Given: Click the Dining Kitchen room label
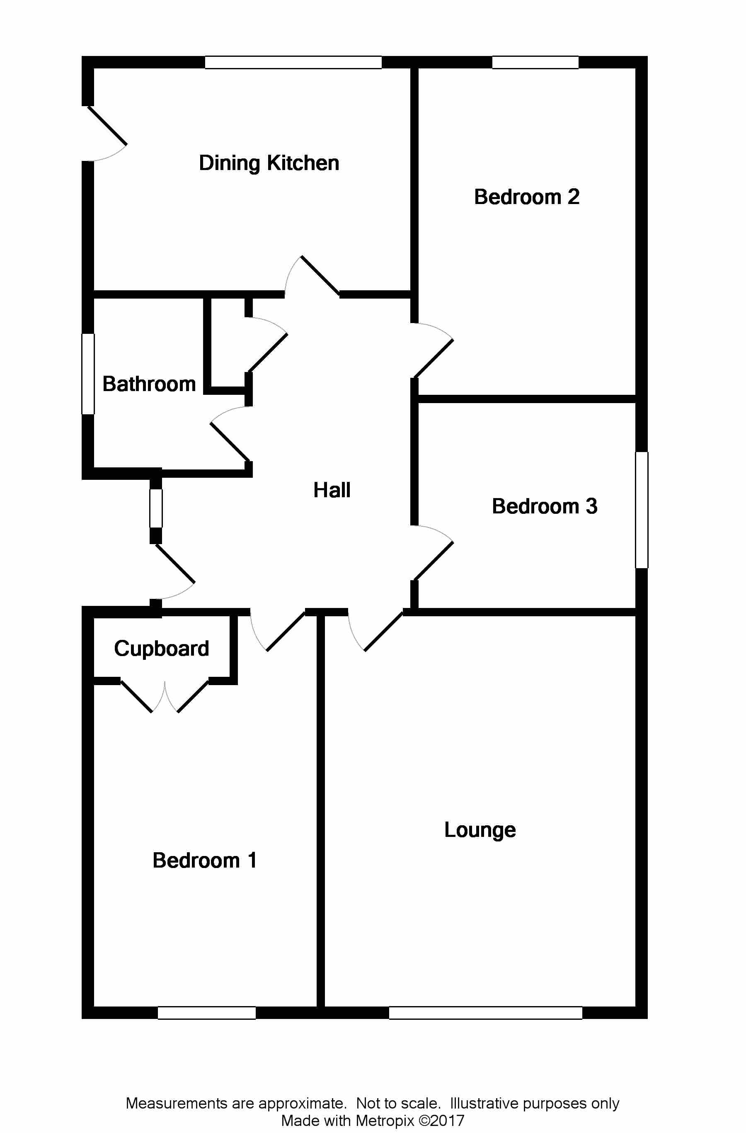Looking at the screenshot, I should click(x=269, y=163).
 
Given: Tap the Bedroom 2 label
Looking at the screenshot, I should click(x=527, y=197).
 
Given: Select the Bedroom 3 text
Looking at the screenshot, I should click(x=544, y=506).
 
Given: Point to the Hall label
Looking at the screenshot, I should click(x=332, y=490).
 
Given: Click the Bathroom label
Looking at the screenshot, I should click(x=149, y=384).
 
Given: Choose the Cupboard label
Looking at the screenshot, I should click(x=161, y=649).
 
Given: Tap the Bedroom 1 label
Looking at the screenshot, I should click(x=205, y=861).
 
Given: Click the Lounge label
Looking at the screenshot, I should click(x=480, y=830).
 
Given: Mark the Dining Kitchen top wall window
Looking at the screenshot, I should click(x=293, y=62).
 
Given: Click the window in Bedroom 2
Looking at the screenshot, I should click(x=535, y=62).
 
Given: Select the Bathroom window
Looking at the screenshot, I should click(x=88, y=374).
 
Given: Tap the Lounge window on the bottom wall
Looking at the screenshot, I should click(x=485, y=1013).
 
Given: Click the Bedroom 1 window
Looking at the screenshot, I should click(x=206, y=1013).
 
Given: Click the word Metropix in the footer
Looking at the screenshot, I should click(x=385, y=1121).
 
